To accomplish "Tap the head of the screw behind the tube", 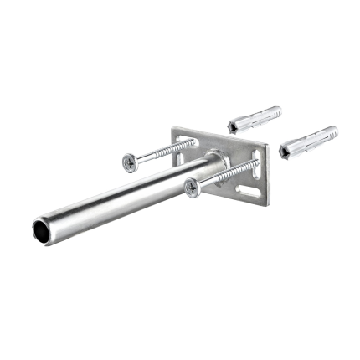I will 129,162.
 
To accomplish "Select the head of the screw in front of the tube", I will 192,188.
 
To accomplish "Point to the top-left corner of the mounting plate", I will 175,129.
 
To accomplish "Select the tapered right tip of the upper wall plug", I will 278,110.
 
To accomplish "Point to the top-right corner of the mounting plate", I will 265,141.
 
